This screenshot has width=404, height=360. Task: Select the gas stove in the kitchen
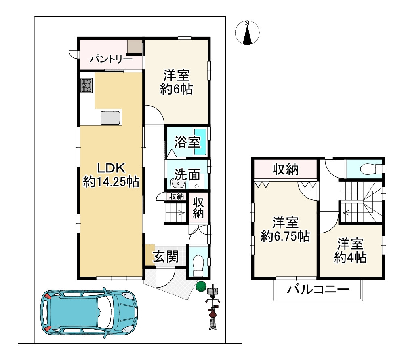pyautogui.click(x=86, y=85)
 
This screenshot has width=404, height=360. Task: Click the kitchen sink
pyautogui.click(x=111, y=118)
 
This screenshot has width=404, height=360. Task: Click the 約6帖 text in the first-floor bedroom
pyautogui.click(x=176, y=89)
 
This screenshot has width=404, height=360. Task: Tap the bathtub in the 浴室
pyautogui.click(x=200, y=142)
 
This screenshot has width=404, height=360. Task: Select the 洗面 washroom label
pyautogui.click(x=187, y=174)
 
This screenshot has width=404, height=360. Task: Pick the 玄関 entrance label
pyautogui.click(x=166, y=256)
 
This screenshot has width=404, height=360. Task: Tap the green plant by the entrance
pyautogui.click(x=200, y=286)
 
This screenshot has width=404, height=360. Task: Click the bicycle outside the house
pyautogui.click(x=212, y=309)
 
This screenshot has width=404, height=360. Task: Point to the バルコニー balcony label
pyautogui.click(x=318, y=290)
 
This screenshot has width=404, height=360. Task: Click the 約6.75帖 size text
pyautogui.click(x=285, y=236)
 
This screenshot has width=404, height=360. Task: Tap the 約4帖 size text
pyautogui.click(x=350, y=257)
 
